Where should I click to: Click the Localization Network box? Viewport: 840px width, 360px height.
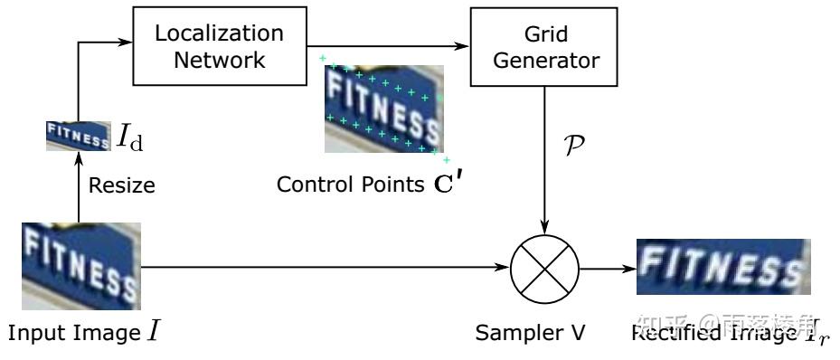point(219,46)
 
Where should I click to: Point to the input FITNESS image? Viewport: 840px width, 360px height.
point(79,267)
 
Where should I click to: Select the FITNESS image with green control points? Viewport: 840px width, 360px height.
point(384,109)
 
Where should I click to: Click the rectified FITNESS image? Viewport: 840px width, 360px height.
point(721,270)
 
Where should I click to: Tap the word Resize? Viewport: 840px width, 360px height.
point(122,186)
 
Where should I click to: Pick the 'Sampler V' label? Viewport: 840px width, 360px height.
point(531,334)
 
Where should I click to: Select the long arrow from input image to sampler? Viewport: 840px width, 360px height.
point(326,268)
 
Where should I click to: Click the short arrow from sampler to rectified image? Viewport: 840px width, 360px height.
point(606,268)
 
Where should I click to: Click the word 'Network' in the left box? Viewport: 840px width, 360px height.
point(219,61)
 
